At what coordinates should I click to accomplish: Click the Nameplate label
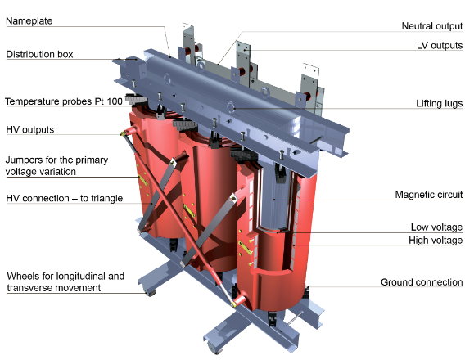pos(29,21)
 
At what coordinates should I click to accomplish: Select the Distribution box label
pos(39,54)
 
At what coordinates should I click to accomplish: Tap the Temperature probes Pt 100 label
pos(64,101)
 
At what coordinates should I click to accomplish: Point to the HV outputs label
pos(30,130)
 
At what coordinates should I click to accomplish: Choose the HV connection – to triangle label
pos(65,199)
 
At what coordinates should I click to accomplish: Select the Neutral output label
pos(432,26)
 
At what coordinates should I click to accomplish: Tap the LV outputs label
pos(440,46)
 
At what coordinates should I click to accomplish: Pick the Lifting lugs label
pos(440,104)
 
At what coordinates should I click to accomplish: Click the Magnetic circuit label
pos(429,195)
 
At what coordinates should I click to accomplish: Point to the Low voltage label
pos(436,227)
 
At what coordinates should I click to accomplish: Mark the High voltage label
pos(436,241)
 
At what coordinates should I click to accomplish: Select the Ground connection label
pos(422,282)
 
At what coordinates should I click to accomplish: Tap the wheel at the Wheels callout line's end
pos(150,293)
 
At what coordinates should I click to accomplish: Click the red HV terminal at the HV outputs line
pos(129,132)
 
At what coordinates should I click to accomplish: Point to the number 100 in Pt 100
pos(115,101)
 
